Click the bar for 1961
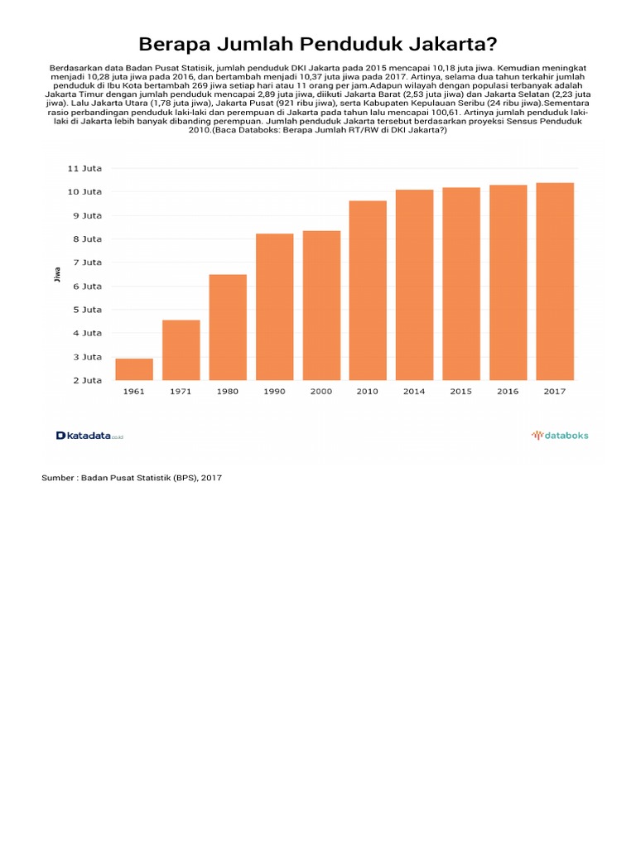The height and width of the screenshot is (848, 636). click(x=134, y=369)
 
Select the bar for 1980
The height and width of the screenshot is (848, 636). click(x=228, y=327)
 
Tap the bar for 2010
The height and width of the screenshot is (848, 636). click(x=368, y=291)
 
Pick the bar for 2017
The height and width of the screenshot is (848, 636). click(x=555, y=282)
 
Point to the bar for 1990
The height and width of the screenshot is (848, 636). click(x=275, y=306)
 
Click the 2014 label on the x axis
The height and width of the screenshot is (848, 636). click(x=414, y=391)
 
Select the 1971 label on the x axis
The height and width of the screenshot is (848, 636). click(x=181, y=391)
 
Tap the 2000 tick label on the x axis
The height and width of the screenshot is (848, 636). click(x=321, y=391)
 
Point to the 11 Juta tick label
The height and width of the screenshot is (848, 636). click(x=84, y=168)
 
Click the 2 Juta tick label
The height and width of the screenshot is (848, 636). click(x=88, y=380)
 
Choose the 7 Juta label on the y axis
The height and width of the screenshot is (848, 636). click(x=88, y=263)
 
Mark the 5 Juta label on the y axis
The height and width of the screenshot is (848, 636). click(x=88, y=310)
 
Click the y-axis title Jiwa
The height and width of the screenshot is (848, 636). click(x=57, y=274)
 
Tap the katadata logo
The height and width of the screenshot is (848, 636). click(x=89, y=436)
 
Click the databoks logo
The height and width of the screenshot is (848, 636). click(x=560, y=436)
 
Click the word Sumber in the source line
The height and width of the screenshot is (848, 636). click(x=57, y=478)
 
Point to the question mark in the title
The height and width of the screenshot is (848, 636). click(x=491, y=44)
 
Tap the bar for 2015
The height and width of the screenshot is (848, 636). click(x=461, y=284)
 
